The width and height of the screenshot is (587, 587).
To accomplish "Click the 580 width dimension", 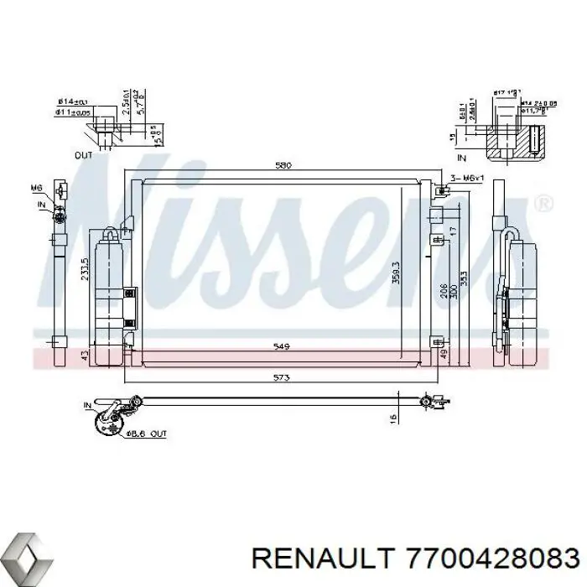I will point(283,166).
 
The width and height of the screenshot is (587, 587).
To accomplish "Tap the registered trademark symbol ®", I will point(543,204).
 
